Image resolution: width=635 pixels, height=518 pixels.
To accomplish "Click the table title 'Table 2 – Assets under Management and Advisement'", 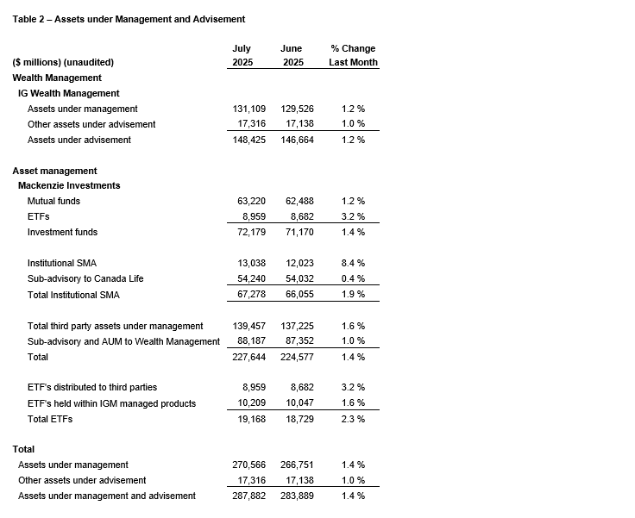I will tap(129, 19).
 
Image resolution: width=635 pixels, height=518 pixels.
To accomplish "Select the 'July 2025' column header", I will tap(242, 55).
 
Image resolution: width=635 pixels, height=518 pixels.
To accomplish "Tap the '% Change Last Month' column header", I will tap(353, 55).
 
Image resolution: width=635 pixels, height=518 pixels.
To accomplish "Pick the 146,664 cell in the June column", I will tap(298, 140).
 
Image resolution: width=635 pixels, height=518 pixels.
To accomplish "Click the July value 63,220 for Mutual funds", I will tap(248, 201).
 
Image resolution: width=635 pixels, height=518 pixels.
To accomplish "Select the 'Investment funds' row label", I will tap(62, 232).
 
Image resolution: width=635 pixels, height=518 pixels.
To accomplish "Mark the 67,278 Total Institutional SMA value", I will tap(248, 294).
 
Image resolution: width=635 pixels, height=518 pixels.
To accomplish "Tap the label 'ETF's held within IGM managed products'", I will tap(111, 403).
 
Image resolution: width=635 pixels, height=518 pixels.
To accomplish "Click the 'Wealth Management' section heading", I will tap(57, 78).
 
